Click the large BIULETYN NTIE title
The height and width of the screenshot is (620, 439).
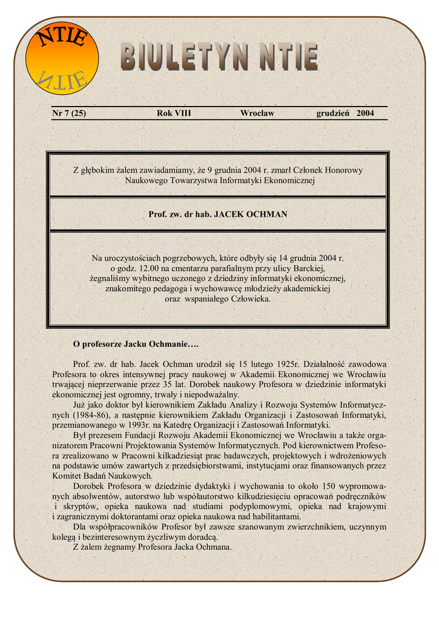coord(219,58)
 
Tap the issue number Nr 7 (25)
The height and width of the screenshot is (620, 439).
coord(68,113)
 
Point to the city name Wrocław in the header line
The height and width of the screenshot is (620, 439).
coord(257,113)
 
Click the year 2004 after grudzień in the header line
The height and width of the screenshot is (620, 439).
coord(365,113)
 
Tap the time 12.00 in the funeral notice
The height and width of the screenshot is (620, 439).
coord(148,268)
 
